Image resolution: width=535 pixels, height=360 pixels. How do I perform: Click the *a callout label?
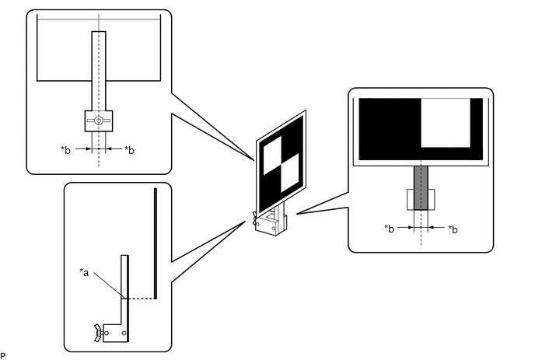(84, 271)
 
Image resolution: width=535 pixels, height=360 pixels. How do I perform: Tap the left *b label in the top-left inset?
(65, 149)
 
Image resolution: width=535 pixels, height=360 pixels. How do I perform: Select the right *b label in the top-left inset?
(129, 149)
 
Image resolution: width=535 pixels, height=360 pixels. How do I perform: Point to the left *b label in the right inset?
(389, 229)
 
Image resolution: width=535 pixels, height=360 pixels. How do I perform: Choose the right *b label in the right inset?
(453, 229)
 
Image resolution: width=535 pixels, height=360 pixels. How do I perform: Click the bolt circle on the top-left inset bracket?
(99, 121)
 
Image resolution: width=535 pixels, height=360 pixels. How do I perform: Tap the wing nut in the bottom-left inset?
(98, 334)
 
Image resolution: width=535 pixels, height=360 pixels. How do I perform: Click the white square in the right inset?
(446, 123)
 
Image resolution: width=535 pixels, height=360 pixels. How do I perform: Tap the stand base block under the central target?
(270, 226)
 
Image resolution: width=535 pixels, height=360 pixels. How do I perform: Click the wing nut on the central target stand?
(254, 219)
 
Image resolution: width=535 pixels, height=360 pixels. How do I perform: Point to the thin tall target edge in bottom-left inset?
(156, 242)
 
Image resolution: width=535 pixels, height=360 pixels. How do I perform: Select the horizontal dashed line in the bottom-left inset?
(140, 297)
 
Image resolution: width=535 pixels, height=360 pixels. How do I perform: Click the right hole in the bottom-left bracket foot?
(124, 335)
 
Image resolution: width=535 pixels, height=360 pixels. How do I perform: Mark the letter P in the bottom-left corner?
(4, 355)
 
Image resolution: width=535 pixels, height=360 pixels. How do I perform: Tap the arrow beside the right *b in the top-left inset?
(110, 148)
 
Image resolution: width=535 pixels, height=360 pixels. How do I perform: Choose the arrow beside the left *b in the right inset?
(407, 228)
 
